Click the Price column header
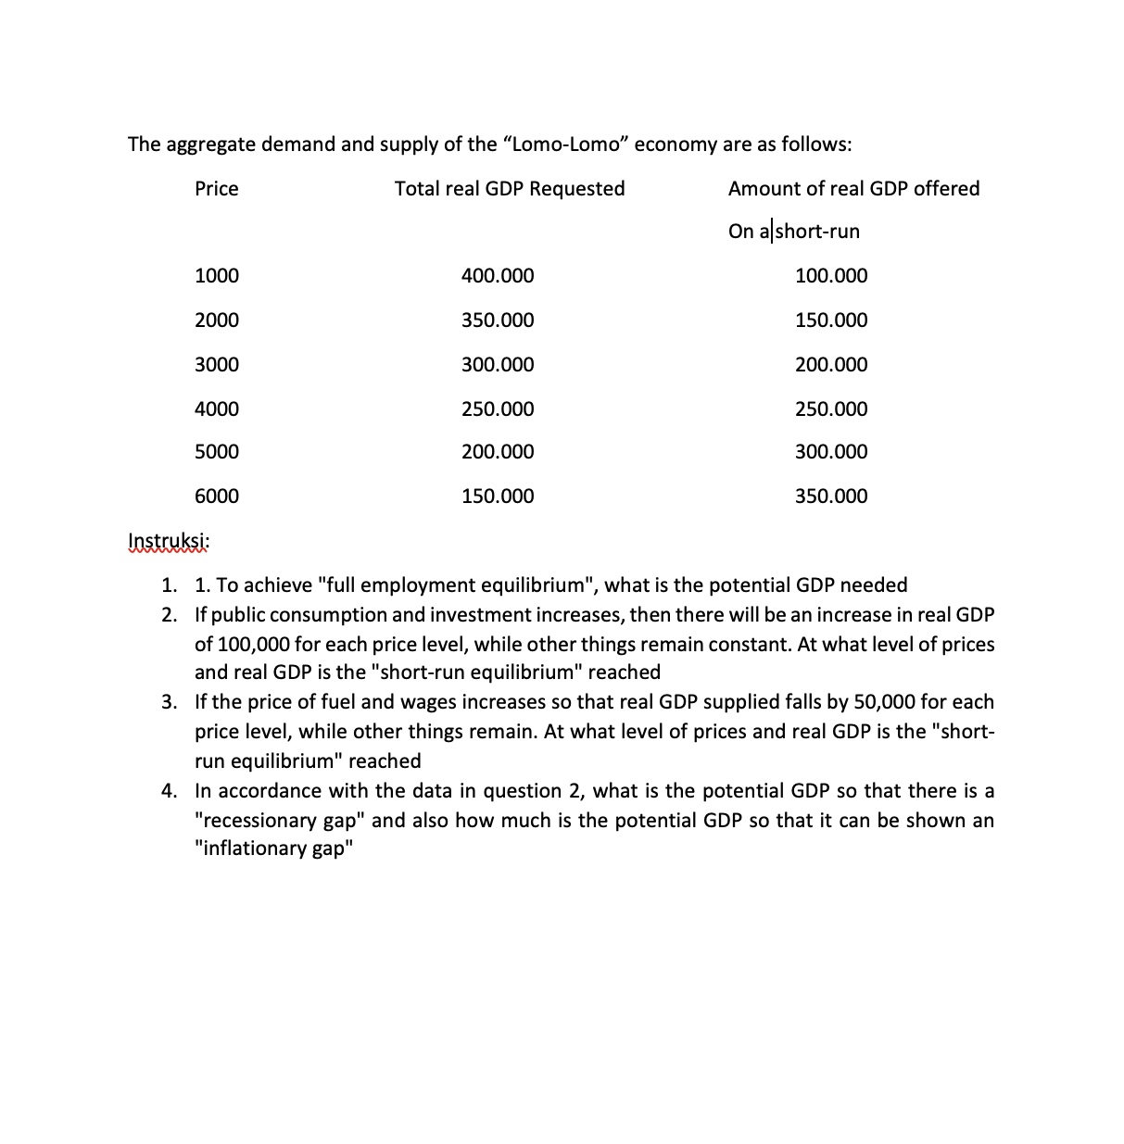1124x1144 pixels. tap(216, 189)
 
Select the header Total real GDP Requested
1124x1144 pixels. tap(510, 189)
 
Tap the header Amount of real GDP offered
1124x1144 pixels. tap(853, 189)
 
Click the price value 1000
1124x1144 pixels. tap(216, 276)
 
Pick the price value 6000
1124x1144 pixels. tap(216, 497)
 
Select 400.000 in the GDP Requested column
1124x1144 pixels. tap(498, 276)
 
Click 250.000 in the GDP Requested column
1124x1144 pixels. tap(498, 409)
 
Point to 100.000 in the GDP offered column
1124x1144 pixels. tap(831, 276)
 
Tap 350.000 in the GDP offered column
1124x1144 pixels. tap(831, 497)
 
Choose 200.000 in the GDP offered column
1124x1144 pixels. tap(831, 365)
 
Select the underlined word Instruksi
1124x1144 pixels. tap(168, 541)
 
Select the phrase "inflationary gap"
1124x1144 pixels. tap(274, 849)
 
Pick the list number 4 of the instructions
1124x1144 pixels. tap(168, 791)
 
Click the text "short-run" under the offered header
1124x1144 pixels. tap(817, 232)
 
